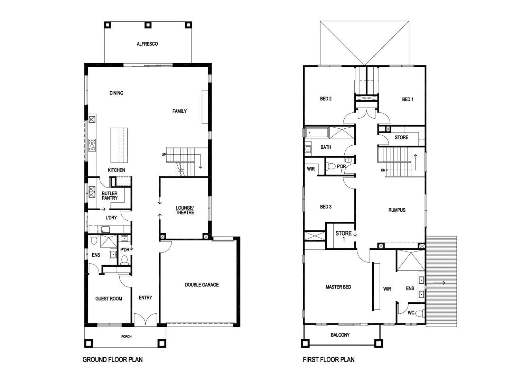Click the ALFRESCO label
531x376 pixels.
(x=147, y=44)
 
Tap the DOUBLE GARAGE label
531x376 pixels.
(x=202, y=285)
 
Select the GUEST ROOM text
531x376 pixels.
(x=109, y=299)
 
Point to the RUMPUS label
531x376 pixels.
(x=397, y=210)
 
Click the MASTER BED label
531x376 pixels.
(x=338, y=287)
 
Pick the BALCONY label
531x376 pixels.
(x=340, y=335)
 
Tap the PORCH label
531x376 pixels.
(x=126, y=336)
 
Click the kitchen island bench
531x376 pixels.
(x=119, y=145)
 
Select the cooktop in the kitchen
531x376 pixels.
(x=92, y=145)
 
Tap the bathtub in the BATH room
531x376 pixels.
(x=317, y=133)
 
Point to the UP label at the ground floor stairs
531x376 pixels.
(x=164, y=155)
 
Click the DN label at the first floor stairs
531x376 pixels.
(x=383, y=170)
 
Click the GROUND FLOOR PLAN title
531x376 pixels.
(x=113, y=360)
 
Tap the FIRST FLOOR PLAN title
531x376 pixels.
(x=328, y=360)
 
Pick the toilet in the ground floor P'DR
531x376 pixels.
(x=124, y=260)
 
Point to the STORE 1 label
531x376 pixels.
(x=344, y=236)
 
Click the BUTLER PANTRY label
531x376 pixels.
(x=110, y=196)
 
